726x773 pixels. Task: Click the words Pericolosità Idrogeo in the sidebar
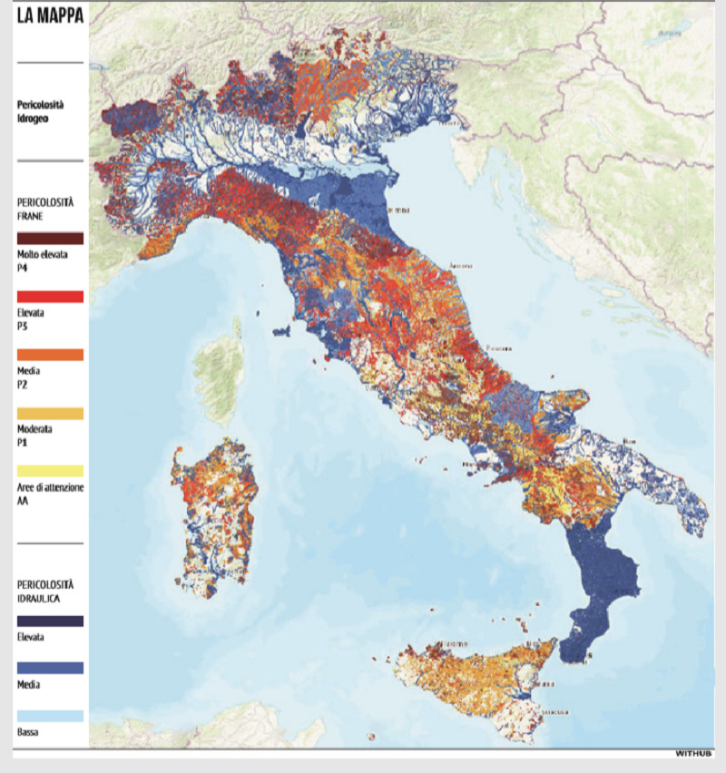pyautogui.click(x=40, y=112)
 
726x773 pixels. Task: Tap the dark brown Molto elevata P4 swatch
pyautogui.click(x=50, y=238)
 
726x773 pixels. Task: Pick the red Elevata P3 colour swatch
pyautogui.click(x=50, y=297)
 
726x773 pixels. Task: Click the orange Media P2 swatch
pyautogui.click(x=50, y=355)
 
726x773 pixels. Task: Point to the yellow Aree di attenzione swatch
pyautogui.click(x=50, y=471)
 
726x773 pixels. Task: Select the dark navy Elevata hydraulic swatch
pyautogui.click(x=50, y=621)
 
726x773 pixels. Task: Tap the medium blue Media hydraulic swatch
pyautogui.click(x=50, y=668)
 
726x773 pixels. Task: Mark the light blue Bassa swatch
pyautogui.click(x=50, y=716)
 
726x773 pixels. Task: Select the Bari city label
pyautogui.click(x=629, y=442)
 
